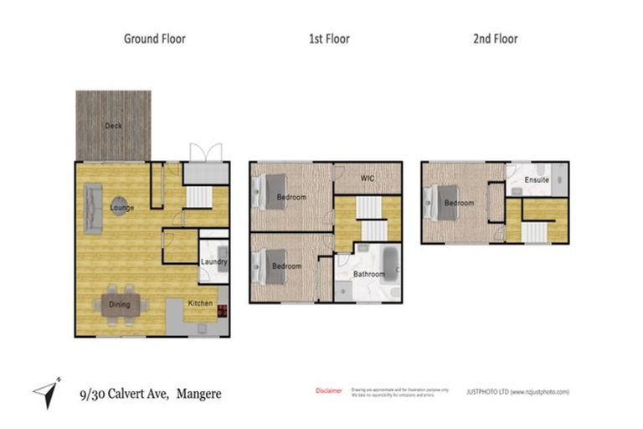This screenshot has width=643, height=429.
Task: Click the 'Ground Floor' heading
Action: point(154,39)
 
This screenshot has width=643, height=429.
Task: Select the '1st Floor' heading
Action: point(329,39)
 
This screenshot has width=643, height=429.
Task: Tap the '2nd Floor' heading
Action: point(496,39)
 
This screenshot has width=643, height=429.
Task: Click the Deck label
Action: point(113,126)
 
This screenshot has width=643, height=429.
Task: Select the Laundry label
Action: point(213,261)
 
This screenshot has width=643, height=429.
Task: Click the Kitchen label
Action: point(200,302)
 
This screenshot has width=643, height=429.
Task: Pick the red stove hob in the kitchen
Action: point(223,311)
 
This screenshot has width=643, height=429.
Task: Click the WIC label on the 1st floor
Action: point(367,178)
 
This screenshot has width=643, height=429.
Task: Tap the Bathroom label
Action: point(368,274)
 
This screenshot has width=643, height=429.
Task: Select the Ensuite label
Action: point(537,180)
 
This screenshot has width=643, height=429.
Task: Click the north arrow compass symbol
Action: point(46,389)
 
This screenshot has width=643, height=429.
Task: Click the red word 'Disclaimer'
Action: point(328,390)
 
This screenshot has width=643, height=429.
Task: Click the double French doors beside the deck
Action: point(205,153)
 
